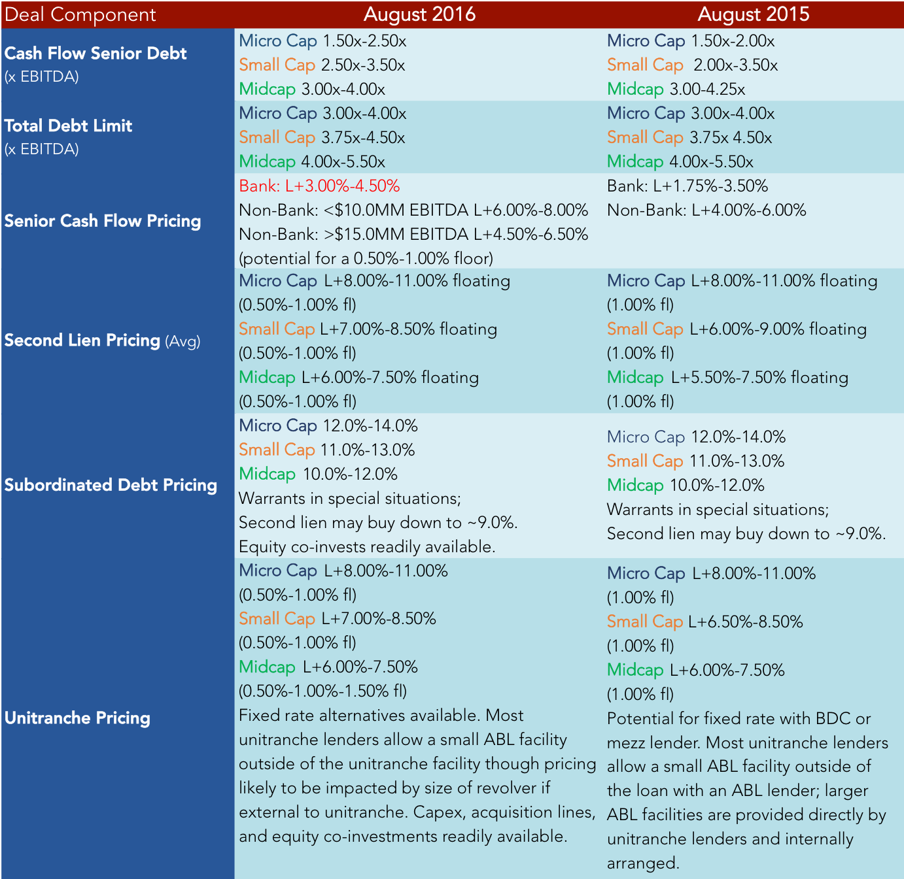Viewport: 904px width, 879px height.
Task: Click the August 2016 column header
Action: (x=419, y=14)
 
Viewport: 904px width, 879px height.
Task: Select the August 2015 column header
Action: (x=754, y=14)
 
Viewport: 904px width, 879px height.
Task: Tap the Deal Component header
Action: (x=80, y=15)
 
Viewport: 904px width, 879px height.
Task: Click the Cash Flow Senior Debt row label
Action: (x=96, y=54)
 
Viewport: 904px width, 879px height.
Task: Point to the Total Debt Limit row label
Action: (x=68, y=125)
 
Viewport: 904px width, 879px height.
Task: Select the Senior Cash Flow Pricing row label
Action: (x=103, y=221)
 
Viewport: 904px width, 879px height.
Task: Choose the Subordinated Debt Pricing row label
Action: (x=111, y=485)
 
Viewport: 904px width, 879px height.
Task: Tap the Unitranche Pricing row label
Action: (x=77, y=718)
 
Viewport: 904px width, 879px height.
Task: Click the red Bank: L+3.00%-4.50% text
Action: (x=319, y=186)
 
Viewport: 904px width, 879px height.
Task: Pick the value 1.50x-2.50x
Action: (x=364, y=41)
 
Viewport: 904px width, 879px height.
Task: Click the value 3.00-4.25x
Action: (x=707, y=89)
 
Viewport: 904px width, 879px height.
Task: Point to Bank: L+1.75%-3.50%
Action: (x=687, y=186)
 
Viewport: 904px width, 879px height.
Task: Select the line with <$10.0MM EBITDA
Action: (x=413, y=210)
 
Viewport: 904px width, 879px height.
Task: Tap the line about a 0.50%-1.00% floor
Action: (x=366, y=259)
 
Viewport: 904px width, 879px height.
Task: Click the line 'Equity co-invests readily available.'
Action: (x=367, y=547)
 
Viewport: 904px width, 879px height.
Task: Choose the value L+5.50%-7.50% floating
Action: (x=759, y=377)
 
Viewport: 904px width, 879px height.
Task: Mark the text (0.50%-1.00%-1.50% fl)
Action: (x=323, y=691)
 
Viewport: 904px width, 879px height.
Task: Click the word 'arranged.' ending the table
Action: (x=643, y=863)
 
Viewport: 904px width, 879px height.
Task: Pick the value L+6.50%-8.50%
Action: (x=745, y=622)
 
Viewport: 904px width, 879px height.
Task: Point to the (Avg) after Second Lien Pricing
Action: (x=183, y=341)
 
